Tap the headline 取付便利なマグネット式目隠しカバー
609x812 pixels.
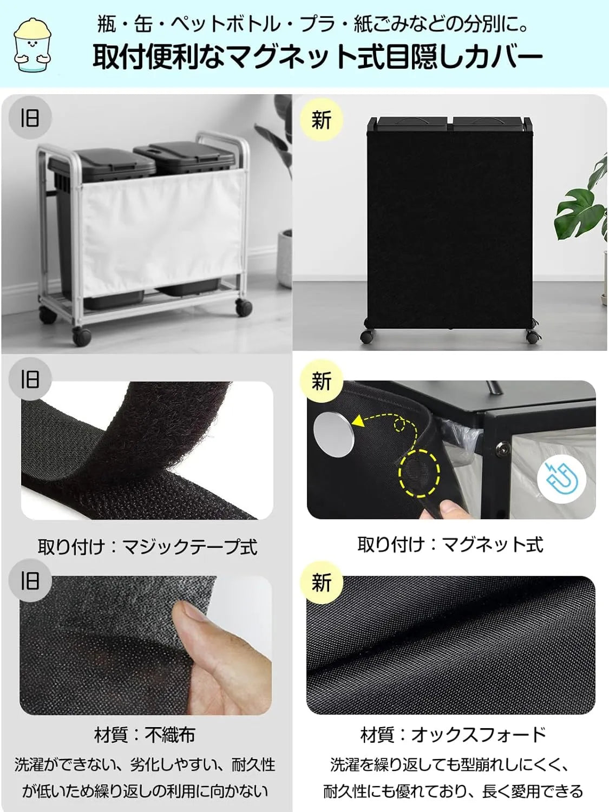[x=317, y=57]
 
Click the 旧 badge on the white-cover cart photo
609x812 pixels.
[x=30, y=117]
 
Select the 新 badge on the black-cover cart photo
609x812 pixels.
[x=321, y=120]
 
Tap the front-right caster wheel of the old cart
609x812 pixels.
[x=244, y=307]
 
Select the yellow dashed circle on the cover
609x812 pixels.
[x=420, y=472]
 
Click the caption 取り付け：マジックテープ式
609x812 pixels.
[x=147, y=547]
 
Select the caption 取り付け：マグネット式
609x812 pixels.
[x=450, y=544]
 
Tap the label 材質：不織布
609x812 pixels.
[x=145, y=735]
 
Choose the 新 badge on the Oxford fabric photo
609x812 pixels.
[x=321, y=583]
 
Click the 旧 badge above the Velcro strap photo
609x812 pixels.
[x=30, y=379]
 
